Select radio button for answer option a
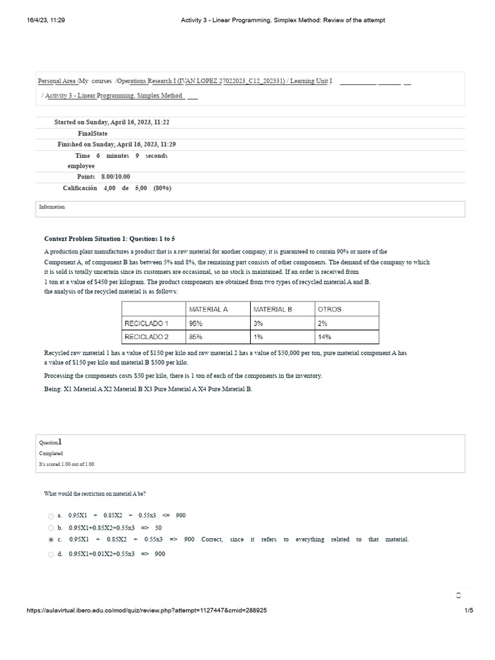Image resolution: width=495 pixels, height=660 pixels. click(51, 516)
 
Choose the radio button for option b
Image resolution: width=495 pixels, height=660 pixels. click(51, 528)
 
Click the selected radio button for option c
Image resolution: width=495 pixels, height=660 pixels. click(51, 539)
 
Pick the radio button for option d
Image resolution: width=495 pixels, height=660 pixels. click(51, 554)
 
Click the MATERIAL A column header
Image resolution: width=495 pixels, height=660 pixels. click(208, 309)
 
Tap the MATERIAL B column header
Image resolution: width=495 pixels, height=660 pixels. click(272, 309)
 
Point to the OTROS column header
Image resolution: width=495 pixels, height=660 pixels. click(329, 309)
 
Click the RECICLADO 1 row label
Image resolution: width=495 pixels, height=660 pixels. click(146, 323)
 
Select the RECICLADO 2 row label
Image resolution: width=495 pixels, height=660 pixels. click(146, 336)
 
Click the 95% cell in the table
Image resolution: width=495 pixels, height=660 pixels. click(196, 323)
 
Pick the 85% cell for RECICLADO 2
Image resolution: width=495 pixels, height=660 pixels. click(196, 336)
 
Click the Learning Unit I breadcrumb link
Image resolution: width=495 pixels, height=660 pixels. click(311, 81)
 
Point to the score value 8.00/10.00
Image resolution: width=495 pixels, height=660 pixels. click(115, 177)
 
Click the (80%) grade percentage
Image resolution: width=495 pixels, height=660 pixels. click(162, 188)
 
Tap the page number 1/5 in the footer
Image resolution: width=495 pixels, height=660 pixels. click(469, 610)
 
